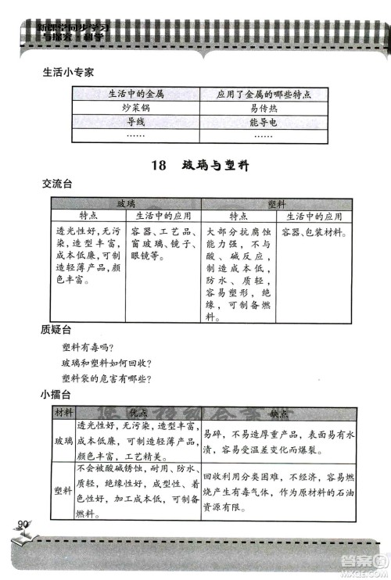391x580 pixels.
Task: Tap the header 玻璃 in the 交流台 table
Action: [126, 203]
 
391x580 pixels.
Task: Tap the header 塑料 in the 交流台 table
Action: [276, 203]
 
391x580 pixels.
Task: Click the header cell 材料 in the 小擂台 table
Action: [63, 413]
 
